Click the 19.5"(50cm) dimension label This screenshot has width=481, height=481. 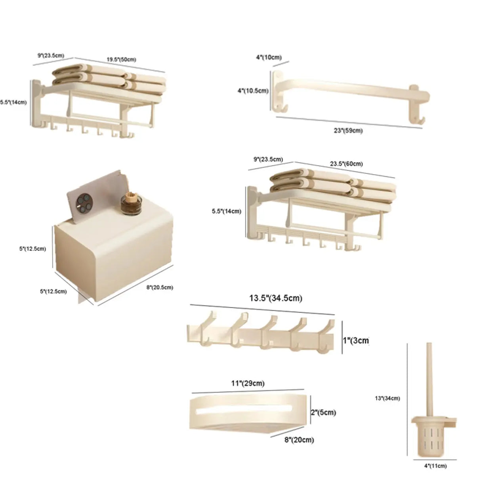[121, 59]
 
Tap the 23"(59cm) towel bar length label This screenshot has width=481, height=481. [348, 130]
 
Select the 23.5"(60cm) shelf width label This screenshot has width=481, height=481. [346, 163]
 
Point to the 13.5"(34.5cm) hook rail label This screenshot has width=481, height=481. [276, 298]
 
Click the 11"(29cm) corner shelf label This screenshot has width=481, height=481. [248, 383]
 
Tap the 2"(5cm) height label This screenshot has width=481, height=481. [323, 412]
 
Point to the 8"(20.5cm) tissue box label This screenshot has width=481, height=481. [160, 287]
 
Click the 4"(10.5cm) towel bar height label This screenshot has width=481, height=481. [253, 91]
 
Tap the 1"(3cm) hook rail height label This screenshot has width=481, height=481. [356, 340]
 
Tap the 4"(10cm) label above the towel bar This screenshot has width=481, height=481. [269, 57]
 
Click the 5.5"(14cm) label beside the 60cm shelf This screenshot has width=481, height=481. [227, 211]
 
